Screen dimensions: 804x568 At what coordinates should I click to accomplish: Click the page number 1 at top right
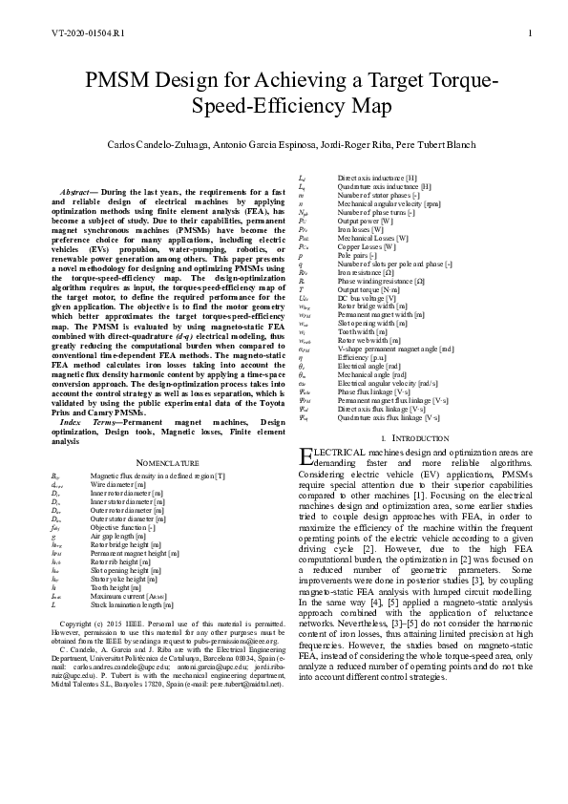[x=528, y=33]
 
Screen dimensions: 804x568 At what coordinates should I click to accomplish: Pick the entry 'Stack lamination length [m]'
[x=132, y=604]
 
